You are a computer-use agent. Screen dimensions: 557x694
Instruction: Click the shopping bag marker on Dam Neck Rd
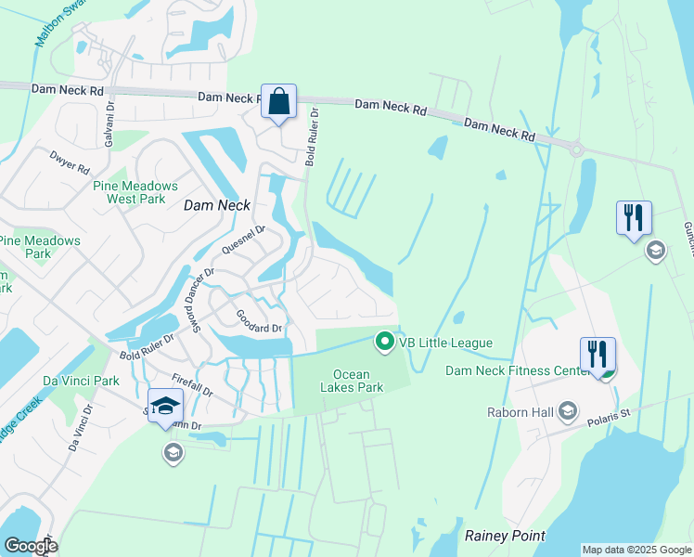click(279, 102)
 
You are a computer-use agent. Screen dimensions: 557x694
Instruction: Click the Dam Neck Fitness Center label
click(517, 369)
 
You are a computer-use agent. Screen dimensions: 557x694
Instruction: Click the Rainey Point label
click(504, 536)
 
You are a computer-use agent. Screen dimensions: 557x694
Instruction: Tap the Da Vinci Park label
click(81, 381)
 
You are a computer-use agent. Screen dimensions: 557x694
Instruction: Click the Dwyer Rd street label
click(71, 163)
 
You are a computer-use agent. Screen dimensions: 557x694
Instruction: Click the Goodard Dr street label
click(258, 321)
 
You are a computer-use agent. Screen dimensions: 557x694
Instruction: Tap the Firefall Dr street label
click(194, 383)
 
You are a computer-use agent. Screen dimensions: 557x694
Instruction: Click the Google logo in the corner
click(31, 546)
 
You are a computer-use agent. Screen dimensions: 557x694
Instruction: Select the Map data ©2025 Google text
click(636, 550)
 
